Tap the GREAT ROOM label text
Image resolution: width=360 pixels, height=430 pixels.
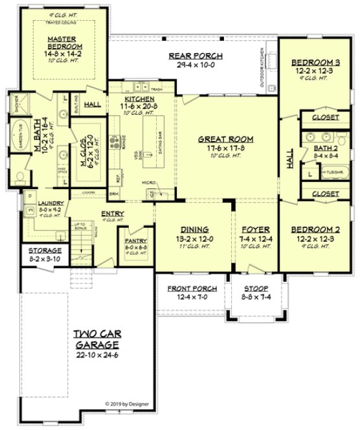(225, 139)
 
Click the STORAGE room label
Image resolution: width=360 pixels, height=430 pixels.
(44, 250)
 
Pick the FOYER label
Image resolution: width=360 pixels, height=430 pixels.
(256, 230)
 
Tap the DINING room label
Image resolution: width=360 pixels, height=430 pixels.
(194, 230)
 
